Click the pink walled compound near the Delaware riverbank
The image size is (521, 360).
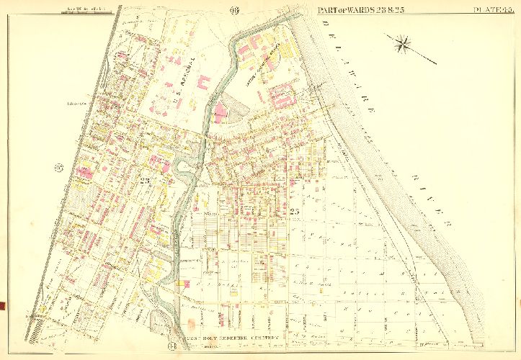click(281, 94)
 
